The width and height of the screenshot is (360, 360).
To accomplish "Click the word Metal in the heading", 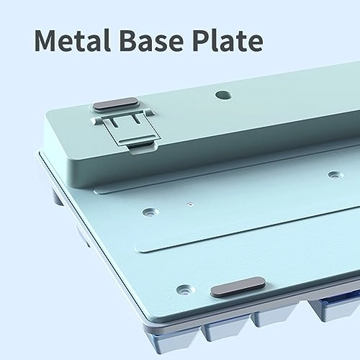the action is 73,40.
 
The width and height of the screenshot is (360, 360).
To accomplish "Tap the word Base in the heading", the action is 151,40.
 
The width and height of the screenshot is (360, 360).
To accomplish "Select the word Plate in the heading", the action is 228,40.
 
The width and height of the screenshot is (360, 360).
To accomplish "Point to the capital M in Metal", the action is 48,40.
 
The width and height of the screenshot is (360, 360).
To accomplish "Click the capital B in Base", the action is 128,40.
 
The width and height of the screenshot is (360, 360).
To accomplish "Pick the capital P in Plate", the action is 201,40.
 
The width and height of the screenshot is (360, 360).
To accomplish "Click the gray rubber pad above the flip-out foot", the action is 115,104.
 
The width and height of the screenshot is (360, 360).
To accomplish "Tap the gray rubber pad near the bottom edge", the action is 238,287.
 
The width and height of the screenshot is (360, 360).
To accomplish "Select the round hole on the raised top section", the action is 223,95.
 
